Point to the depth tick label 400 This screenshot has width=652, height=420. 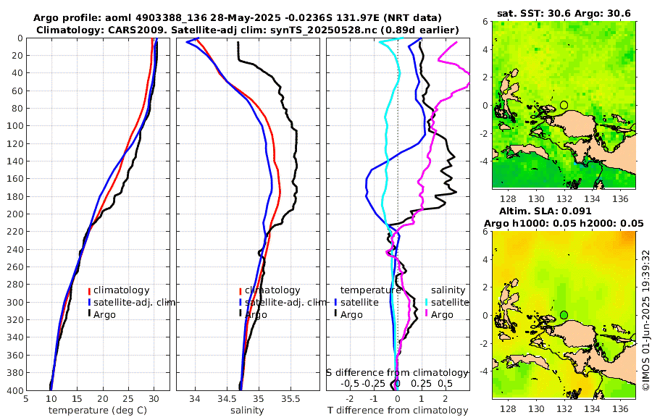(x=14, y=390)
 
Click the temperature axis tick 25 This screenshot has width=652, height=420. (x=128, y=398)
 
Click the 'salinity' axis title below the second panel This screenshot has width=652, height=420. (x=247, y=411)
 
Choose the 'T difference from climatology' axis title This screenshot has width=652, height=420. (x=398, y=411)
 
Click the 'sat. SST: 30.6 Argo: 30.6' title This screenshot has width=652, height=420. (x=564, y=14)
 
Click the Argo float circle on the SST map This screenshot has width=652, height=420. (x=564, y=105)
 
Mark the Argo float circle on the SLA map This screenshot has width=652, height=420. (x=564, y=315)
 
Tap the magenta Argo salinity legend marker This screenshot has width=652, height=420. (x=427, y=314)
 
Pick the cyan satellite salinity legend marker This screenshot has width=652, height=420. (x=427, y=302)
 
